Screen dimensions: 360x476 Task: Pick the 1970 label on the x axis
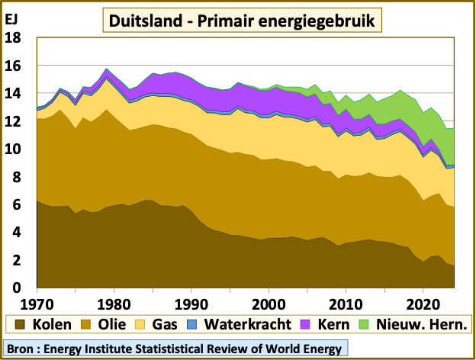pyautogui.click(x=37, y=300)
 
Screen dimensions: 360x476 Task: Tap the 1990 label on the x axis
pyautogui.click(x=191, y=300)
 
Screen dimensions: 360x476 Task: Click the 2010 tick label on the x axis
pyautogui.click(x=346, y=300)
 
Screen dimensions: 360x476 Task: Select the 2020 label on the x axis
pyautogui.click(x=423, y=300)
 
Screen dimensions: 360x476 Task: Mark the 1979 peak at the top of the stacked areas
pyautogui.click(x=107, y=69)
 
